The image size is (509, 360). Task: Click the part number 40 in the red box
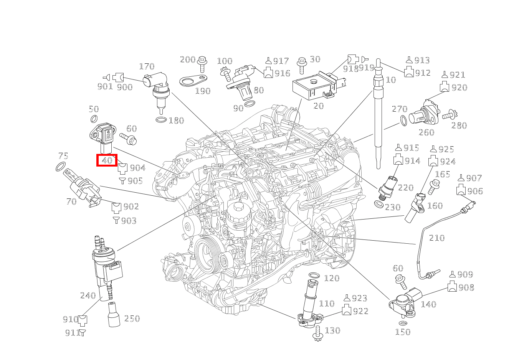pos(107,160)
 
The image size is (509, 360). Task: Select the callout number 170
pos(146,67)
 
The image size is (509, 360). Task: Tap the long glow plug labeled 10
pos(378,115)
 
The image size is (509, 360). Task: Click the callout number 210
pos(436,238)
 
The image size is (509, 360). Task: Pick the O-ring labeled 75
pos(60,167)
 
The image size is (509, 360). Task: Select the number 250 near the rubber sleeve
pos(132,319)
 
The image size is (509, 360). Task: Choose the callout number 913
pos(422,60)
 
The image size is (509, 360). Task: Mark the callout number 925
pos(446,149)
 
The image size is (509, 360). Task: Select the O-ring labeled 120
pos(314,276)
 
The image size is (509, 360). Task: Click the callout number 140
pos(428,304)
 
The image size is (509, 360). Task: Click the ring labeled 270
pos(403,121)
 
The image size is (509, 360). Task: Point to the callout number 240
pos(88,296)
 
